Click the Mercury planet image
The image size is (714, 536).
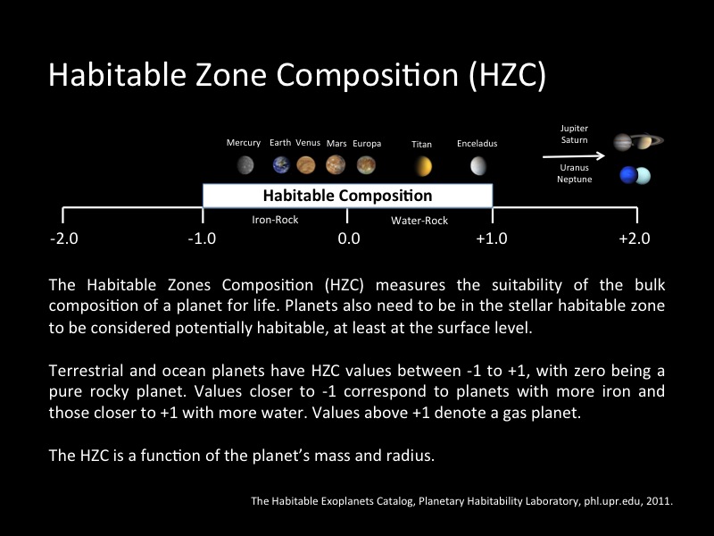click(x=245, y=165)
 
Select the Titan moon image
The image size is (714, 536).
click(x=422, y=166)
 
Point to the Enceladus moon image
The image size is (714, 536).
click(x=477, y=166)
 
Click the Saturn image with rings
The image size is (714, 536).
click(x=648, y=141)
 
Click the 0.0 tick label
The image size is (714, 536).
click(x=347, y=239)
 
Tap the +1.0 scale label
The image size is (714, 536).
click(x=491, y=239)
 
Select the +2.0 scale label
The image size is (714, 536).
click(x=634, y=239)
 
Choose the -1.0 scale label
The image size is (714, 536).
click(x=204, y=239)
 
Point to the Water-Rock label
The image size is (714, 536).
click(x=419, y=220)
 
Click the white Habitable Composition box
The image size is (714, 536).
click(x=347, y=196)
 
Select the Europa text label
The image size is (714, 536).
click(x=367, y=143)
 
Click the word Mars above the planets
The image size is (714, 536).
click(x=336, y=143)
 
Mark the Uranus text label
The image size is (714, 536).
click(x=574, y=167)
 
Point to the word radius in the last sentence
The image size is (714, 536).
click(x=406, y=456)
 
